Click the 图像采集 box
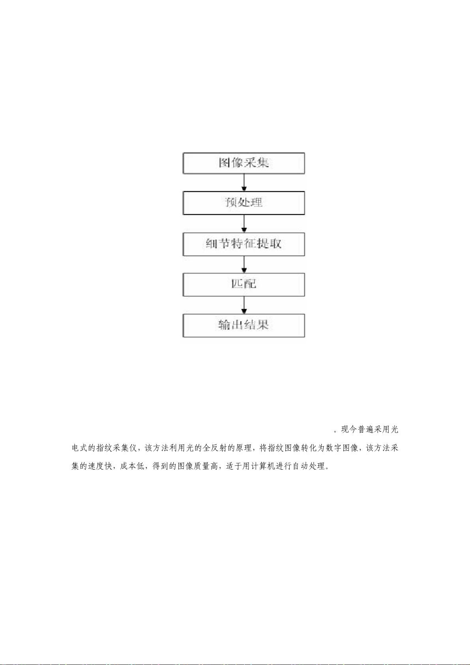[x=244, y=163]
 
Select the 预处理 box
[x=244, y=203]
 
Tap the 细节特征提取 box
[x=244, y=244]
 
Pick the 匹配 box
[x=244, y=285]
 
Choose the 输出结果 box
[x=244, y=326]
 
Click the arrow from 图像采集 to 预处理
[x=244, y=183]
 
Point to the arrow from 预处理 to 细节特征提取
[x=244, y=223]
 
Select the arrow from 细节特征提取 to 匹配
[x=244, y=264]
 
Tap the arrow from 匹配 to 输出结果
[x=244, y=305]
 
